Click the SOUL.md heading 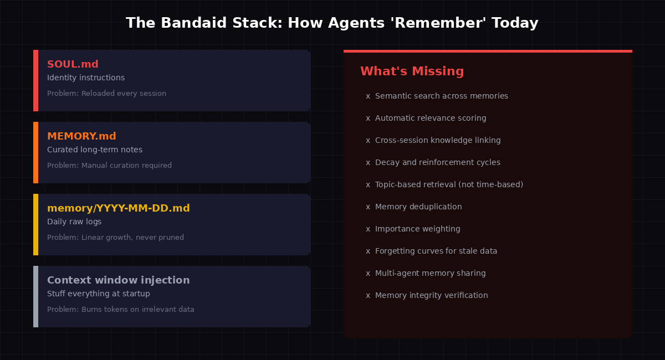(73, 64)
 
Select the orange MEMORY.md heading (81, 136)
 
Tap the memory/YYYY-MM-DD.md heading (118, 208)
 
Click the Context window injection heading (118, 280)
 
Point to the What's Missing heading (412, 71)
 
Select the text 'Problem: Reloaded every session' (106, 94)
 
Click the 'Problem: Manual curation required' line (109, 166)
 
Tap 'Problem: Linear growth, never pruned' (115, 238)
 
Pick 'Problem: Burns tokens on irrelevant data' (120, 310)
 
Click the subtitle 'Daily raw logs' (74, 222)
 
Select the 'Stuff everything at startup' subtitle (99, 294)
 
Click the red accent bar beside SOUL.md (35, 80)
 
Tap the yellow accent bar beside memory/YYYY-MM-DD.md (35, 224)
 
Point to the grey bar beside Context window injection (35, 296)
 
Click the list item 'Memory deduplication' (418, 207)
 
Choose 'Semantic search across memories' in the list (441, 96)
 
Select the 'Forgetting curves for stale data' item (436, 251)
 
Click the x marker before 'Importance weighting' (368, 229)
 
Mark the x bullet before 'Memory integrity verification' (368, 296)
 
